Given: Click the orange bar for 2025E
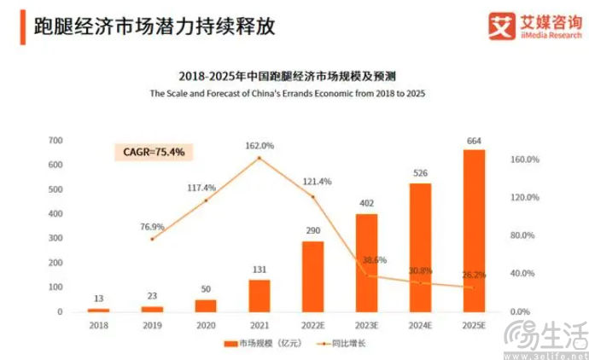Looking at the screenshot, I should (474, 230).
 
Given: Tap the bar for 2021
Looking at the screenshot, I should (260, 295).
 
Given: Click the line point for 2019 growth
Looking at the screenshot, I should (152, 239).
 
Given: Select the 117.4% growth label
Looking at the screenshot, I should (204, 188).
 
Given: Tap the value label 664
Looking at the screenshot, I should (474, 140).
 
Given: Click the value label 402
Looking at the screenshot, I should (366, 204).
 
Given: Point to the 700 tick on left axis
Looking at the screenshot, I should (55, 140).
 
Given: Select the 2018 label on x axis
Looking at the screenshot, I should (98, 325).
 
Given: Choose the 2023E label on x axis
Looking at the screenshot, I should (366, 325).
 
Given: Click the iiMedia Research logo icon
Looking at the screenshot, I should (501, 25).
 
